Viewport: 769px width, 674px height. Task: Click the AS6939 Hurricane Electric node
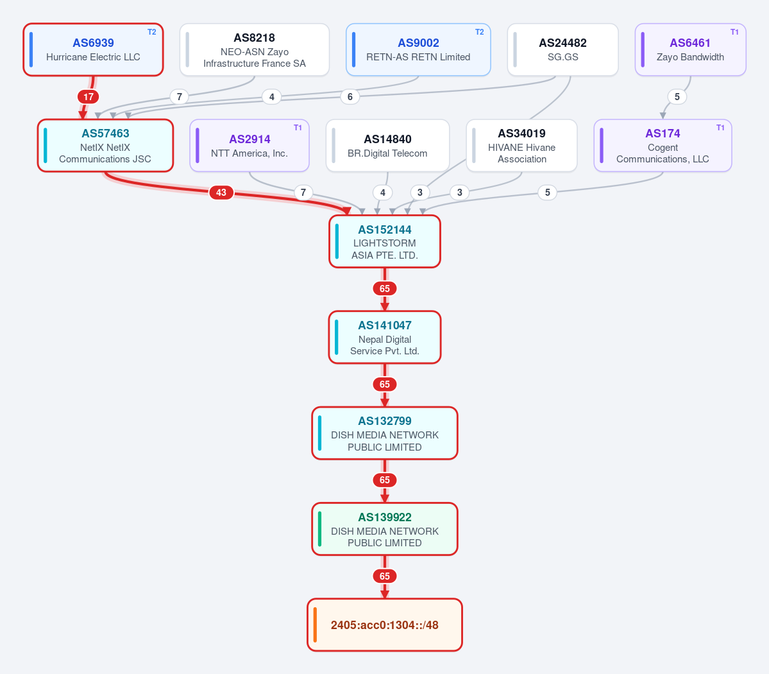pos(93,49)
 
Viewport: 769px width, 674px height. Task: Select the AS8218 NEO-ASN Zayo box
pos(255,49)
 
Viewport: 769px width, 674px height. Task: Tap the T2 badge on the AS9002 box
pos(480,32)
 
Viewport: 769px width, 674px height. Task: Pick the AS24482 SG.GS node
pos(562,49)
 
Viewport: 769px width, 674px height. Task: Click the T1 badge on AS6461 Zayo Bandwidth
pos(734,32)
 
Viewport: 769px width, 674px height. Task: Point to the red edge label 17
pos(89,97)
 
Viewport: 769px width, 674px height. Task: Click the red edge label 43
pos(221,193)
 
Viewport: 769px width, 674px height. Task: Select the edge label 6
pos(350,97)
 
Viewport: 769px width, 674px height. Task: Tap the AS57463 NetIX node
pos(105,146)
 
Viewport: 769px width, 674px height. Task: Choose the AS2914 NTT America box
pos(249,146)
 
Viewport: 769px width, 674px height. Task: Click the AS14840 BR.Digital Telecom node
pos(387,146)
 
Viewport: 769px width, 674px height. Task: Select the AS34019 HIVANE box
pos(521,146)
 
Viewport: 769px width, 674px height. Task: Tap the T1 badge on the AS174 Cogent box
pos(720,128)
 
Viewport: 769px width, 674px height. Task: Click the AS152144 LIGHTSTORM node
pos(385,241)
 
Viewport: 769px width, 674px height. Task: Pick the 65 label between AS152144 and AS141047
pos(385,289)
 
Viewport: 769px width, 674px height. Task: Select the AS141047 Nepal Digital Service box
pos(385,337)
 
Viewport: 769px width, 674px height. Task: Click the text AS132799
pos(385,421)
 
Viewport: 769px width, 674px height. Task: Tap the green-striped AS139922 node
pos(385,529)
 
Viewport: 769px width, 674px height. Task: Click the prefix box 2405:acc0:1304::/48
pos(385,625)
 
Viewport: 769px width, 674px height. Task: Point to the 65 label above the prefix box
pos(385,576)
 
